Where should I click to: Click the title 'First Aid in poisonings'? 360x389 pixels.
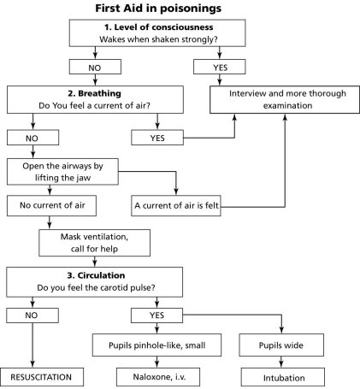coord(158,9)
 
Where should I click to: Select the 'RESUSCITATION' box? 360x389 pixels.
coord(42,377)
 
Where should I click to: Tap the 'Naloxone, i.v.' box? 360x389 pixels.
coord(158,377)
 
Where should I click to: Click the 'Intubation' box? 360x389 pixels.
coord(283,377)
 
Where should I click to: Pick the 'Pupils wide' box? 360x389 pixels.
coord(281,345)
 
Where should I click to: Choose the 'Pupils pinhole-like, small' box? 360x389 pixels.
coord(156,345)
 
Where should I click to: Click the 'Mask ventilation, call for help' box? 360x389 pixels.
coord(94,243)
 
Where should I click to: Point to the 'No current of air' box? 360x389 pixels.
coord(51,205)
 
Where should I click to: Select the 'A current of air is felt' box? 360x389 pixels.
coord(176,205)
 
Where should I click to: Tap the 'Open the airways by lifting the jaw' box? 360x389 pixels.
coord(62,172)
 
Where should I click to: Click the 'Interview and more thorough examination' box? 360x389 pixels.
coord(285,100)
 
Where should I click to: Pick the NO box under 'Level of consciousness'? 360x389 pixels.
coord(95,67)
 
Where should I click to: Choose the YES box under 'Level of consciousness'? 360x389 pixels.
coord(220,67)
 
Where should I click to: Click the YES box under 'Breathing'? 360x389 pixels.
coord(157,138)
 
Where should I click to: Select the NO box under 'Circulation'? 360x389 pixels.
coord(32,315)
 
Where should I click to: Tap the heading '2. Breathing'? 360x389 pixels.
coord(94,93)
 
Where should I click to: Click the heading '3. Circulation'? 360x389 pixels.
coord(96,275)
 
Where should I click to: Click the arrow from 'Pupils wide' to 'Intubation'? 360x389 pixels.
coord(281,362)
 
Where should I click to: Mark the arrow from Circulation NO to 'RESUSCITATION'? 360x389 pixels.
coord(32,345)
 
